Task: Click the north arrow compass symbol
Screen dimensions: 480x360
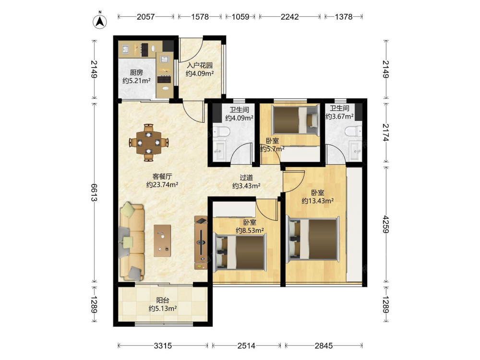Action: tap(99, 21)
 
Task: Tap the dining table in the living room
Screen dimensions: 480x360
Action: tap(148, 143)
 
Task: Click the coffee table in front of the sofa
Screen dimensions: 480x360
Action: tap(162, 240)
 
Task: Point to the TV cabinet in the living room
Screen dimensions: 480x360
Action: tap(201, 243)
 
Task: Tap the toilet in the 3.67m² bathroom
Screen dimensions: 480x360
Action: tap(354, 132)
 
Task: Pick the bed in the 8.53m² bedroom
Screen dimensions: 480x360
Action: tap(240, 252)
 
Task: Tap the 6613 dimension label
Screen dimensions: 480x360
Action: tap(94, 192)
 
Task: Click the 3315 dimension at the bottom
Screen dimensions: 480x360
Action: tap(163, 346)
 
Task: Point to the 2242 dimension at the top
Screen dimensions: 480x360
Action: tap(289, 17)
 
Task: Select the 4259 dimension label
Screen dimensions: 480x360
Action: tap(386, 224)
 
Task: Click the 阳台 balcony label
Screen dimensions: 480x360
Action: tap(163, 300)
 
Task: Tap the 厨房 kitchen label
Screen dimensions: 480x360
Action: tap(136, 72)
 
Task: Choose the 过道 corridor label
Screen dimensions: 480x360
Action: tap(246, 178)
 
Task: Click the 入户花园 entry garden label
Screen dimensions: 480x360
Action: tap(200, 65)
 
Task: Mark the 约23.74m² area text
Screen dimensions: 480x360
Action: tap(162, 185)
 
